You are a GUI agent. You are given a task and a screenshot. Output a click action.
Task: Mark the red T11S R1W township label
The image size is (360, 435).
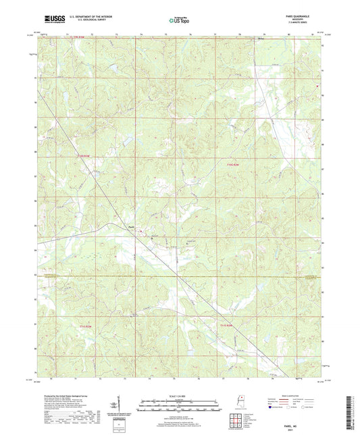[226, 325]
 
